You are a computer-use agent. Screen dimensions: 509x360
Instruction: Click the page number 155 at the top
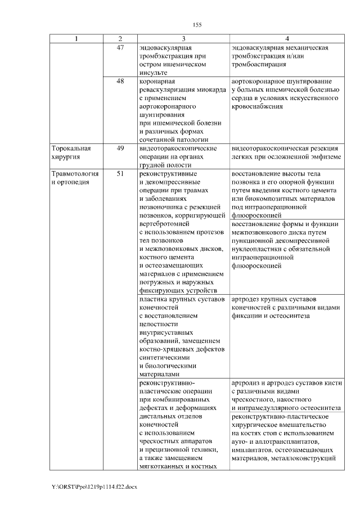(197, 25)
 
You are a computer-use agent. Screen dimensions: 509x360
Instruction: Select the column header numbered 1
(76, 39)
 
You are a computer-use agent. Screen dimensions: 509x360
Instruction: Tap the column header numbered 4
(287, 39)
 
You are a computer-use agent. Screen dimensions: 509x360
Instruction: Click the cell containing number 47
(120, 48)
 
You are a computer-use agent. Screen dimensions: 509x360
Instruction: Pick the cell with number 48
(120, 81)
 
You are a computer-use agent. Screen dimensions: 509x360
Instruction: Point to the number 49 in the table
(120, 148)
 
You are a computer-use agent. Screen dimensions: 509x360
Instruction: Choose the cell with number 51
(120, 174)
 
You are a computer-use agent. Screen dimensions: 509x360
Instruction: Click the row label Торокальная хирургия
(70, 152)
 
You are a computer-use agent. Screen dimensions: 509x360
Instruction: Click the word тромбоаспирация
(258, 65)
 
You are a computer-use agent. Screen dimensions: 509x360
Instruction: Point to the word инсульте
(152, 73)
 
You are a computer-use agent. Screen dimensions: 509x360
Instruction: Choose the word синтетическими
(165, 357)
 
